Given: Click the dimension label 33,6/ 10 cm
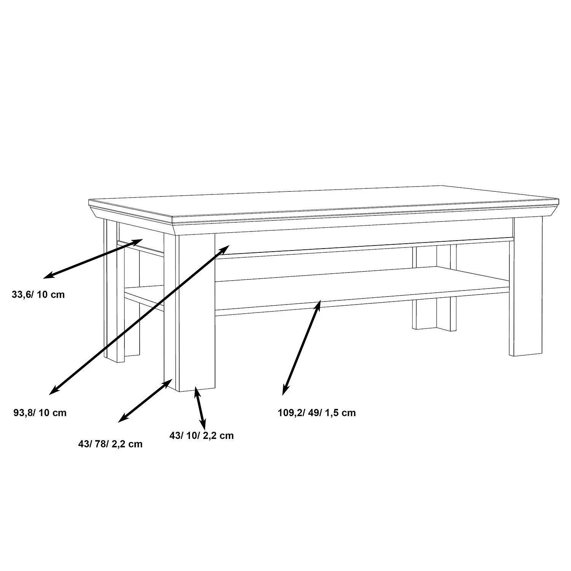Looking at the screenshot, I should click(x=38, y=295).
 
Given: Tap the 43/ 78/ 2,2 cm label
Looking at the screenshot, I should click(x=110, y=444).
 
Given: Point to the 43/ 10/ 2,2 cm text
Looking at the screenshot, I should click(x=201, y=435).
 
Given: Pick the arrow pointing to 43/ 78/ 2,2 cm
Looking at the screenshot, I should click(x=145, y=400).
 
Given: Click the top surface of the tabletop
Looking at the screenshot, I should click(x=324, y=202).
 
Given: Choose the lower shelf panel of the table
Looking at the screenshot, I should click(x=362, y=285).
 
